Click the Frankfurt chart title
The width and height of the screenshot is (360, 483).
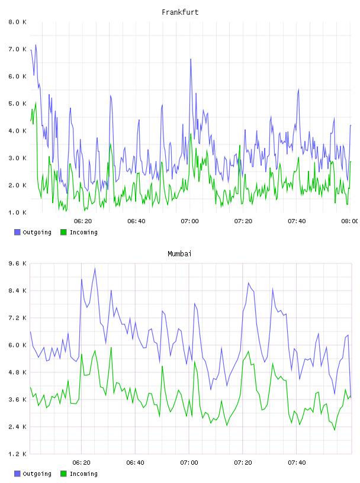(180, 12)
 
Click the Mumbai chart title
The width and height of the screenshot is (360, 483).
(179, 254)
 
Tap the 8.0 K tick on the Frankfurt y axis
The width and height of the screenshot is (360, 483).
(18, 22)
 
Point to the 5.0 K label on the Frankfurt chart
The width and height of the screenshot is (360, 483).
(18, 104)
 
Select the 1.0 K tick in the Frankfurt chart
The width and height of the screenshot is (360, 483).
(18, 212)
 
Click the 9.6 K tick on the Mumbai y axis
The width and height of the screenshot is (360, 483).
(18, 263)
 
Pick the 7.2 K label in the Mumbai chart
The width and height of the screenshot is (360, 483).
(18, 318)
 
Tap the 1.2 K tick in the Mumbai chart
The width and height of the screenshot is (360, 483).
(18, 454)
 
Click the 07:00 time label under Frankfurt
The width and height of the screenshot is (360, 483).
(189, 221)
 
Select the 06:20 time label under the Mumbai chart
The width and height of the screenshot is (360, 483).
(81, 463)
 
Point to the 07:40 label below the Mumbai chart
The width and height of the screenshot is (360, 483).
(297, 463)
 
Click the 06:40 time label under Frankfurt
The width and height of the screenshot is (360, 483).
(136, 221)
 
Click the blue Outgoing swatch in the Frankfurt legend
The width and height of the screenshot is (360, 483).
(17, 232)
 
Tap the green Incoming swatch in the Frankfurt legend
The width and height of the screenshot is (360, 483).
(63, 232)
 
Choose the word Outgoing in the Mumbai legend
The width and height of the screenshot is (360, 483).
(37, 474)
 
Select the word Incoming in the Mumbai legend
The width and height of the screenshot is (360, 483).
(83, 474)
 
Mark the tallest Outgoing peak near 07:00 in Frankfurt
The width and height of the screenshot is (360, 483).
(191, 59)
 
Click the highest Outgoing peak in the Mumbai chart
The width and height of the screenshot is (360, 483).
(95, 269)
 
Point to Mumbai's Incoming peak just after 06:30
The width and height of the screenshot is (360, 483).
(111, 347)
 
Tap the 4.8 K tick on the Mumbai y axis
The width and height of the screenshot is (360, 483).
(18, 372)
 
